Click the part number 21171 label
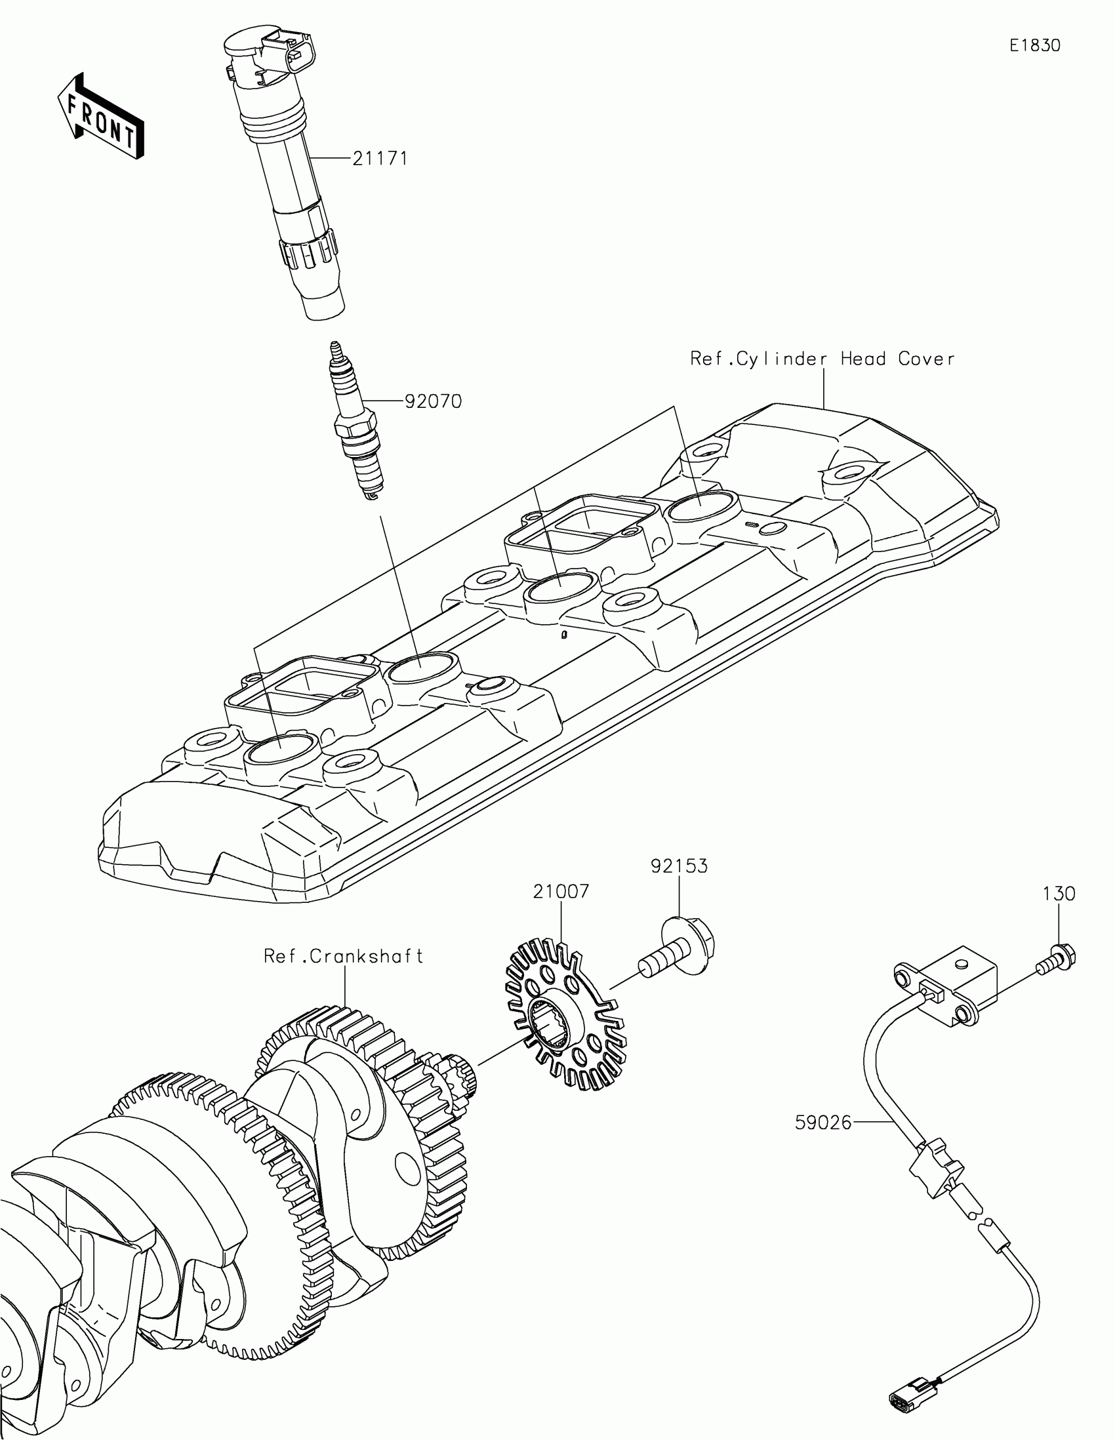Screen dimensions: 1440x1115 click(380, 159)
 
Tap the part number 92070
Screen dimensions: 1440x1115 click(432, 401)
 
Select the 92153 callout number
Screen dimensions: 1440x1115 click(679, 866)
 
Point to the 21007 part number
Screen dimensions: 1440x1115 click(561, 891)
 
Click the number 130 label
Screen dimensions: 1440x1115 click(1059, 894)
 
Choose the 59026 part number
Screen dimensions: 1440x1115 click(824, 1123)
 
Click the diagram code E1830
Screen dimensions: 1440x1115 click(1034, 45)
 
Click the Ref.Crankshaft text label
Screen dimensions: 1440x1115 click(343, 956)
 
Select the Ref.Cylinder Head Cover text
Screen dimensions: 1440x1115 click(822, 359)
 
